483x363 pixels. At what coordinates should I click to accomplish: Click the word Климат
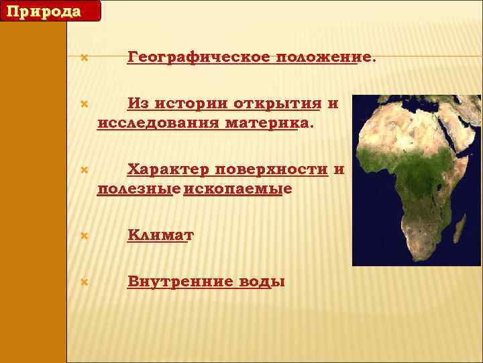click(x=160, y=235)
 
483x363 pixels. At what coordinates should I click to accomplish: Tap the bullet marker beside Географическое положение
click(x=84, y=58)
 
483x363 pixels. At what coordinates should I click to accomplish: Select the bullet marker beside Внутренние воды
click(x=84, y=282)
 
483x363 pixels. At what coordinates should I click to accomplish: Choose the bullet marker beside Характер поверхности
click(x=84, y=170)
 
